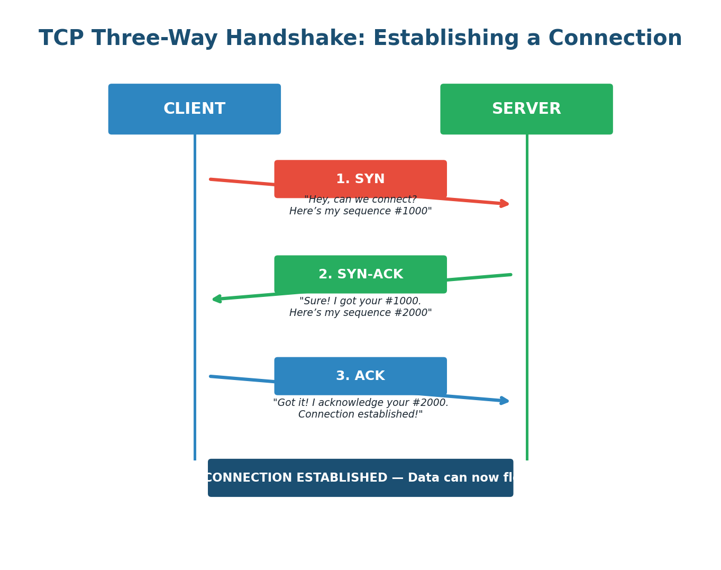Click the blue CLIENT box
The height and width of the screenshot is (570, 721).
point(194,109)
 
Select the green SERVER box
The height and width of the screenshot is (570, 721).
point(526,109)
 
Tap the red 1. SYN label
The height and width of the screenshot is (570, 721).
point(360,179)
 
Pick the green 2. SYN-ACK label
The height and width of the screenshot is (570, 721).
point(360,275)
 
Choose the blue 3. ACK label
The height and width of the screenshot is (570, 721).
point(360,376)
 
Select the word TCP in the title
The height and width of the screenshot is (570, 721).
point(61,39)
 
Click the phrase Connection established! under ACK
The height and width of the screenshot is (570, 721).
point(360,414)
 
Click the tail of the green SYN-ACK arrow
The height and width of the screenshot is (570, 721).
point(510,275)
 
